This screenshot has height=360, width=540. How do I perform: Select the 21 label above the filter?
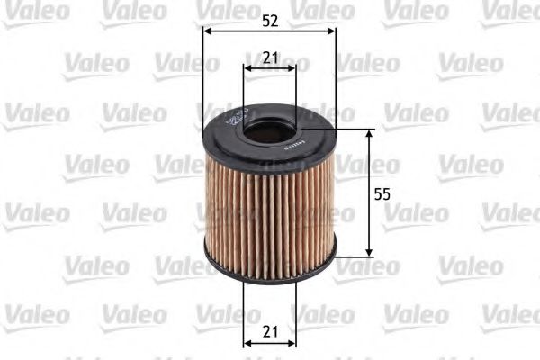coord(269,58)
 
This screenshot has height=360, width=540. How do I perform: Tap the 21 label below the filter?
coord(269,332)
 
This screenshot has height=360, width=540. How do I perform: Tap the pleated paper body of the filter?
coord(269,211)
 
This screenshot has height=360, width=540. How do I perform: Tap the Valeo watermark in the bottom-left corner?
coord(36,314)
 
